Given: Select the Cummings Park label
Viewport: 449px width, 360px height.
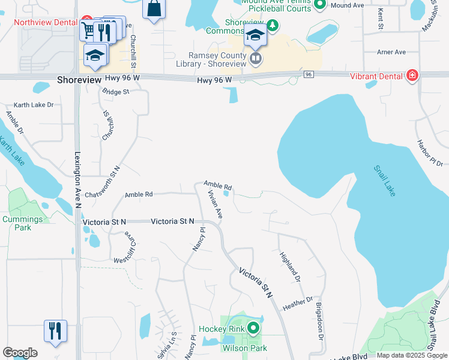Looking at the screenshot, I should click(x=22, y=223).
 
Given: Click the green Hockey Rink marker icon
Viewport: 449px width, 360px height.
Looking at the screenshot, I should click(x=253, y=328).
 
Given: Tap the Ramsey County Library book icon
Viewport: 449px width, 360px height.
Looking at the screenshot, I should click(x=256, y=58).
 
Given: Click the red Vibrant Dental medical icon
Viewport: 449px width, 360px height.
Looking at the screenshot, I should click(x=412, y=76).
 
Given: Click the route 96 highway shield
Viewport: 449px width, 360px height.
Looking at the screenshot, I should click(x=308, y=74).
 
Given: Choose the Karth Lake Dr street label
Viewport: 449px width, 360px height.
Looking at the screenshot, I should click(x=34, y=104).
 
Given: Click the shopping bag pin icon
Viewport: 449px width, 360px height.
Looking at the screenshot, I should click(x=154, y=9).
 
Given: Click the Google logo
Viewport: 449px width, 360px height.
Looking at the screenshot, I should click(x=20, y=352).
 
